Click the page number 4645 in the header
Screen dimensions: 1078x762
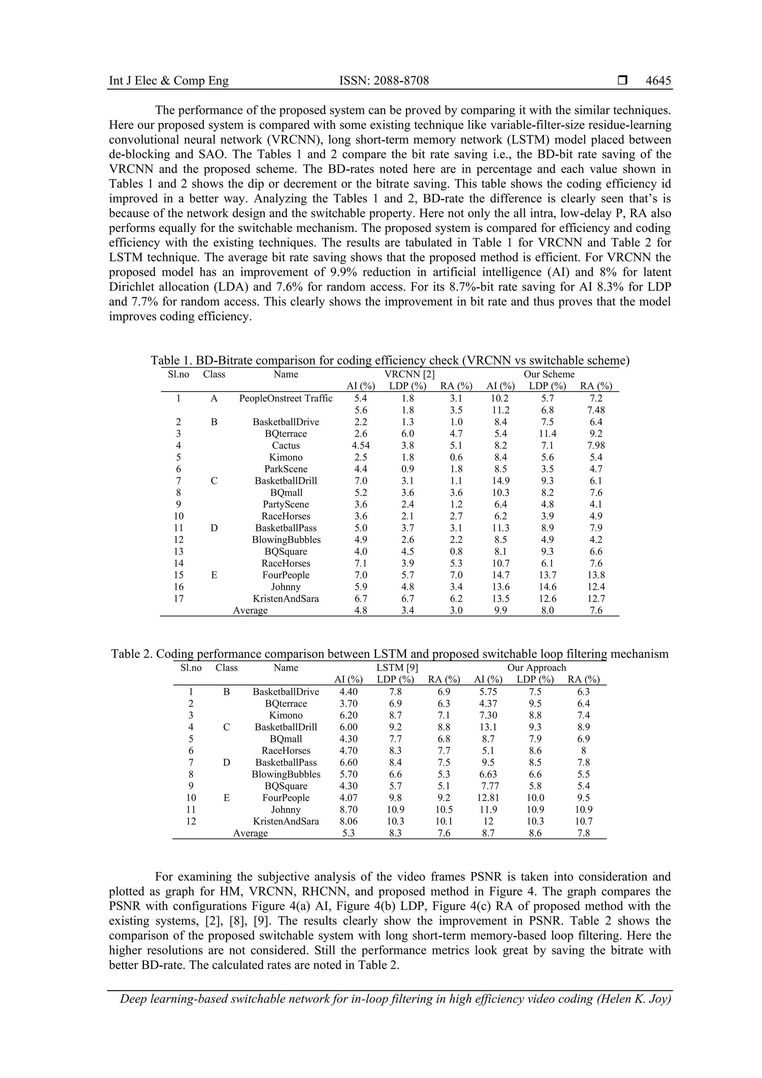pyautogui.click(x=658, y=81)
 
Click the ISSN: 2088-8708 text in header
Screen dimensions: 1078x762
pyautogui.click(x=384, y=81)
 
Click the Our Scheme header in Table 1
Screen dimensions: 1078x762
pyautogui.click(x=549, y=374)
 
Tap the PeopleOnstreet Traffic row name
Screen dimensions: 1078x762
pyautogui.click(x=285, y=399)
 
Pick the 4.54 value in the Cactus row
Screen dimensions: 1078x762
pyautogui.click(x=361, y=445)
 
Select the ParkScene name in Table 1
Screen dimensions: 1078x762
pyautogui.click(x=285, y=469)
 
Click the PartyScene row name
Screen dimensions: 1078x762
pyautogui.click(x=285, y=504)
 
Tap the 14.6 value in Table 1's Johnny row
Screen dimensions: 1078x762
pyautogui.click(x=547, y=587)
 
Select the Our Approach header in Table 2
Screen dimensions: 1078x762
pyautogui.click(x=537, y=668)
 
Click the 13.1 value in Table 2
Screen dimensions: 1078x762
pyautogui.click(x=488, y=727)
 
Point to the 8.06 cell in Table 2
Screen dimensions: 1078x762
pyautogui.click(x=348, y=821)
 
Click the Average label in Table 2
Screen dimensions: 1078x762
pyautogui.click(x=250, y=833)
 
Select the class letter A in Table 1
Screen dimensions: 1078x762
pyautogui.click(x=214, y=399)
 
